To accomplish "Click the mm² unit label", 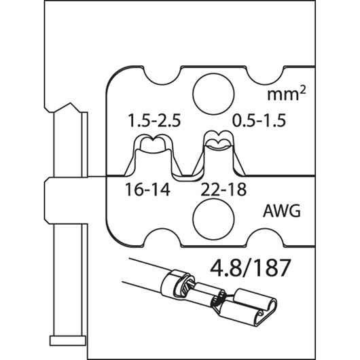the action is [286, 94].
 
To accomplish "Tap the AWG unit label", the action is [281, 211].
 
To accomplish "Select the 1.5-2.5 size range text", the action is [154, 120].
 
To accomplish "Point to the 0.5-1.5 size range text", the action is [259, 120].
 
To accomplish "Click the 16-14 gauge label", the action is [147, 190].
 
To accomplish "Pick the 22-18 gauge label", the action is [223, 190].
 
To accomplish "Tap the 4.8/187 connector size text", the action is [249, 268].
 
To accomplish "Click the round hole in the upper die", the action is [213, 94].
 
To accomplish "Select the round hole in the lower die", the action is [213, 219].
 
